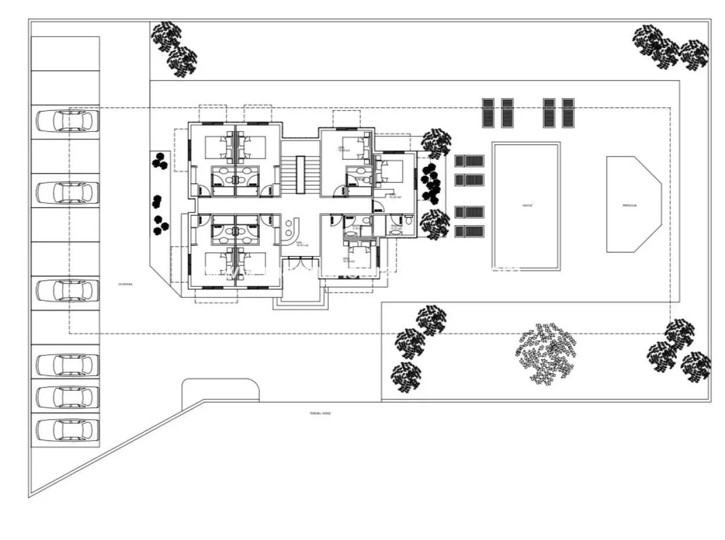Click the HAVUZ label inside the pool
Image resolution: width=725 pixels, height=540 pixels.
pyautogui.click(x=527, y=205)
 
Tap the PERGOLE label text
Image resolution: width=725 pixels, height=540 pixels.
pyautogui.click(x=630, y=205)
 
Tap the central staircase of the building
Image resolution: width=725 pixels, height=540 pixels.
pyautogui.click(x=300, y=175)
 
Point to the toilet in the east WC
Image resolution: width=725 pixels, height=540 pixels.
pyautogui.click(x=409, y=221)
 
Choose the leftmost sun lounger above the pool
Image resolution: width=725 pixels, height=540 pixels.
pyautogui.click(x=488, y=113)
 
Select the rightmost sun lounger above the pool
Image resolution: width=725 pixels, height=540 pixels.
pyautogui.click(x=568, y=113)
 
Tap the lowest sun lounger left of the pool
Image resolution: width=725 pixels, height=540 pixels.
pyautogui.click(x=469, y=231)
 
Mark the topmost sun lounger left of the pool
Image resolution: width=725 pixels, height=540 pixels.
pyautogui.click(x=469, y=160)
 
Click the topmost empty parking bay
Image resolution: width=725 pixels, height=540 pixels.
pyautogui.click(x=65, y=53)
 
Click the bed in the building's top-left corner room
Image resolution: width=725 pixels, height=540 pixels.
pyautogui.click(x=216, y=147)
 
